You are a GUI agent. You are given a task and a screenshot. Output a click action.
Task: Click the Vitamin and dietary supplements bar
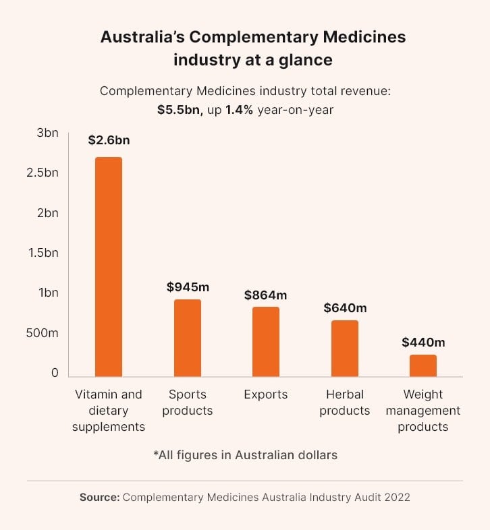(109, 266)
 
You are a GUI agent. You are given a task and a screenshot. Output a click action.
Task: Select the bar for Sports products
(188, 338)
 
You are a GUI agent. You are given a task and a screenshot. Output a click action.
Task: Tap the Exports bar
(266, 341)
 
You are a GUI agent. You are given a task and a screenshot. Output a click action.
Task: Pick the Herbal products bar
(345, 348)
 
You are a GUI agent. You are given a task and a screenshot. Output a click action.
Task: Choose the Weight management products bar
(423, 365)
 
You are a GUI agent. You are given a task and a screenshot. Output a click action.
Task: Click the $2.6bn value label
(109, 141)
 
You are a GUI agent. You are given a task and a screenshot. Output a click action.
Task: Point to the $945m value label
(188, 287)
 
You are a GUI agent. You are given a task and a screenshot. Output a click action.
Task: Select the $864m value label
(266, 295)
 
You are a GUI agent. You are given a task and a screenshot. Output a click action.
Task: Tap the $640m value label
(345, 308)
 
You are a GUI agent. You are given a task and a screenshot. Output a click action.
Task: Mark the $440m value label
(423, 342)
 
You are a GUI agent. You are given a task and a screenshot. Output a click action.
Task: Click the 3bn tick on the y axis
(47, 133)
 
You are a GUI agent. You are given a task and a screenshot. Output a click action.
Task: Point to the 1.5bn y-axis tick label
(43, 253)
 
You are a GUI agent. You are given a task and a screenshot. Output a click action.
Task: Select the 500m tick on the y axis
(43, 333)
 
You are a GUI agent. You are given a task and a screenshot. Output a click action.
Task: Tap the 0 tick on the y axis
(55, 373)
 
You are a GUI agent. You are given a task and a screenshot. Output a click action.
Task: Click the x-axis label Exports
(266, 394)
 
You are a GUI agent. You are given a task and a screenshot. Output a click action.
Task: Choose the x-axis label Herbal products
(345, 403)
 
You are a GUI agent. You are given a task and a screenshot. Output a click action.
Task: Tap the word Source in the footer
(99, 498)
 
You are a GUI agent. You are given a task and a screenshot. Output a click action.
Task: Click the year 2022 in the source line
(396, 498)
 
